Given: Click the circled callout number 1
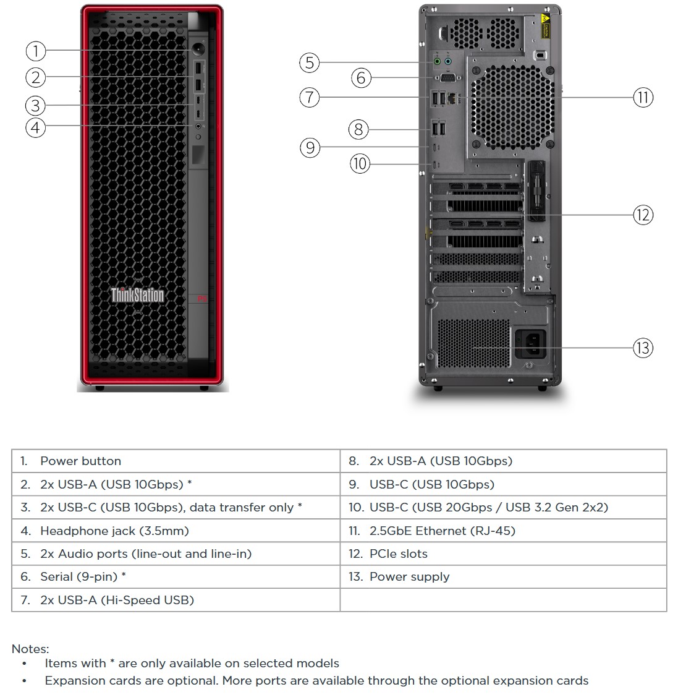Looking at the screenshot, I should pyautogui.click(x=36, y=50).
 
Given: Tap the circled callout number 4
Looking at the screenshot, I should pyautogui.click(x=36, y=127).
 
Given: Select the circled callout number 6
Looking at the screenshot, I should pyautogui.click(x=362, y=78).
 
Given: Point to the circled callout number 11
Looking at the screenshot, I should pyautogui.click(x=643, y=97).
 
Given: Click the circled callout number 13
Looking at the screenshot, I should pyautogui.click(x=643, y=348).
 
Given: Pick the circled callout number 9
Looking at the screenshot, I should pyautogui.click(x=310, y=147).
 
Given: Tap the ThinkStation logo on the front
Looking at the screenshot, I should pyautogui.click(x=137, y=295).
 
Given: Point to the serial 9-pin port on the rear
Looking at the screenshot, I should pyautogui.click(x=447, y=78).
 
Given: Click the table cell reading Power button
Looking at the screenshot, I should pyautogui.click(x=80, y=461).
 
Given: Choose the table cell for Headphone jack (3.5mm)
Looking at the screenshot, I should pyautogui.click(x=114, y=531).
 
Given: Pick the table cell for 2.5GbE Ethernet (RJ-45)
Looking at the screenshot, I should pyautogui.click(x=442, y=531).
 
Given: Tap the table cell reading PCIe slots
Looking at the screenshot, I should pyautogui.click(x=398, y=554).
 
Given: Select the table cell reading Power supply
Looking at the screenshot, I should pyautogui.click(x=409, y=576).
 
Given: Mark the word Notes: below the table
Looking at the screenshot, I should pyautogui.click(x=30, y=649).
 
